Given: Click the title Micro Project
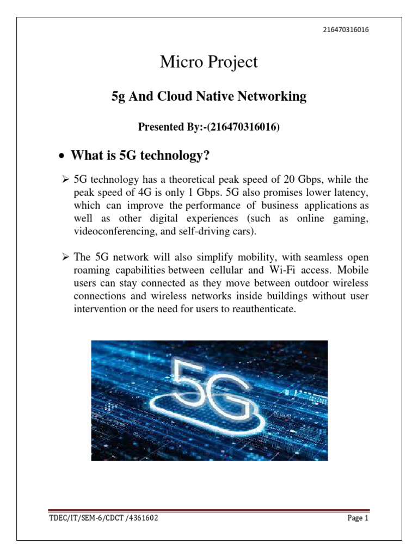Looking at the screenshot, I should point(208,63).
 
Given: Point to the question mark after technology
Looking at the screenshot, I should point(206,157).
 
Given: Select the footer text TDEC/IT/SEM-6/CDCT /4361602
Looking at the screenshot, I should point(104,519).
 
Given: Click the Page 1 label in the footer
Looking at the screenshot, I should point(358,519).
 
